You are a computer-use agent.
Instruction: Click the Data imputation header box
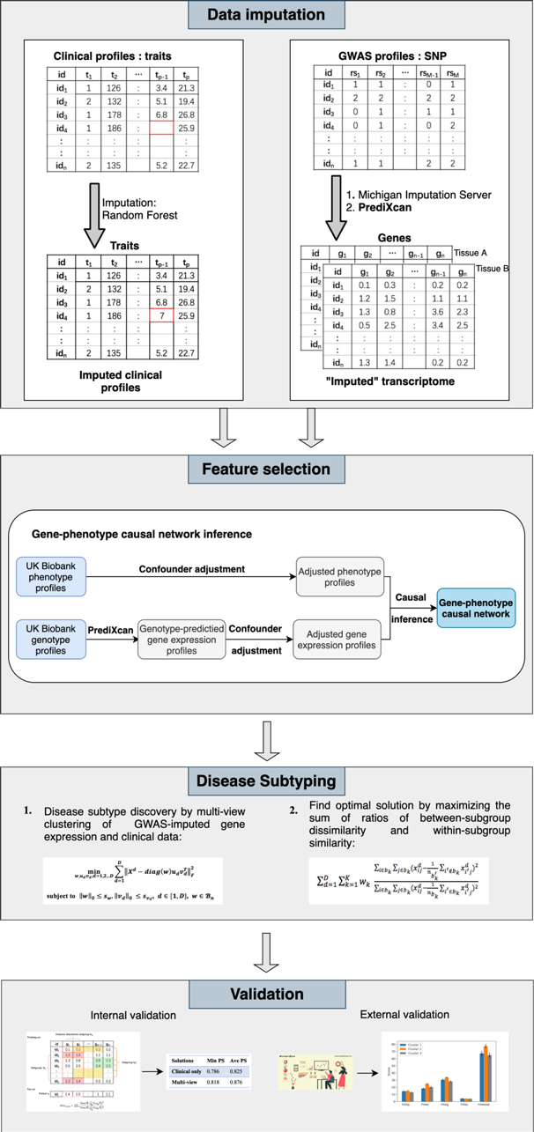[266, 15]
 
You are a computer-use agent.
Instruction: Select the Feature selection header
[266, 468]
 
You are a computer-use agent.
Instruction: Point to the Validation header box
[266, 995]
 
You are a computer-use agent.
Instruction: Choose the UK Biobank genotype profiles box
[51, 638]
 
